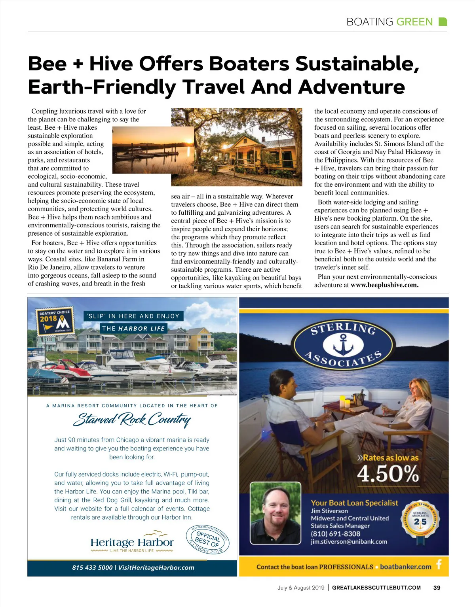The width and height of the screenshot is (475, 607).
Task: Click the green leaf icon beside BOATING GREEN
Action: coord(443,22)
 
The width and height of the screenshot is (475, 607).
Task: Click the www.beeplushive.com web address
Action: coord(384,285)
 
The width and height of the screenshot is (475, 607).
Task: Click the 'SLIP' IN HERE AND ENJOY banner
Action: coord(134,316)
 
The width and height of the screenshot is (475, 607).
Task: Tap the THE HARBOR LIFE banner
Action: coord(133,328)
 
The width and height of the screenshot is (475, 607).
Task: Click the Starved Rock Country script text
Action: coord(132,419)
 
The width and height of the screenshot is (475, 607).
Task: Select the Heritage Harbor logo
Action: coord(132,543)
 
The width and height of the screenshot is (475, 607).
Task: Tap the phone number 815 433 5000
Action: coord(92,567)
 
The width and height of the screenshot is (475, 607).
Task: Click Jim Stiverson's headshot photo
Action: coord(276,512)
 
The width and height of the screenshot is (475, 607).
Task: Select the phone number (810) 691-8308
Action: coord(335,534)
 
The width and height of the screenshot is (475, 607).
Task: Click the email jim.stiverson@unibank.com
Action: coord(349,542)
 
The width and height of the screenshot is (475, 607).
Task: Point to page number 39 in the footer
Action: coord(437,588)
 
